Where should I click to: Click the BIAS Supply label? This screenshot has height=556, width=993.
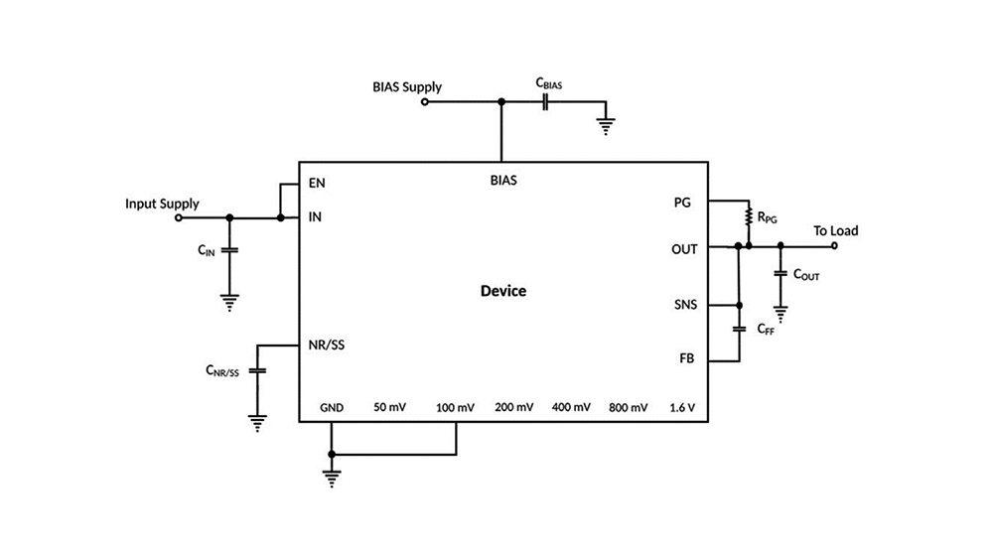[x=407, y=86]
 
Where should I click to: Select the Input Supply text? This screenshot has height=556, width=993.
[x=162, y=204]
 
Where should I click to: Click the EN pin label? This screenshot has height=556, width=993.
[x=317, y=183]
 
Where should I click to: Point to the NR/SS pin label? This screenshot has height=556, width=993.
[x=328, y=345]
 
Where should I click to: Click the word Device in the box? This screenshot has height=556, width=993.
[x=503, y=291]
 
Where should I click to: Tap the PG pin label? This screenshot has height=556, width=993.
[x=682, y=203]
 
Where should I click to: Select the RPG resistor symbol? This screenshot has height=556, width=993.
[x=749, y=215]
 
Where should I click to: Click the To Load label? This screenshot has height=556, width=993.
[x=835, y=230]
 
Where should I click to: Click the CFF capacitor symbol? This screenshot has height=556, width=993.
[x=739, y=327]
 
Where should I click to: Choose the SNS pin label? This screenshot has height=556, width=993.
[x=684, y=304]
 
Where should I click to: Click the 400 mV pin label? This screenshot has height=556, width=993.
[x=570, y=407]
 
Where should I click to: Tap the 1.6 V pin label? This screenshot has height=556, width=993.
[x=682, y=407]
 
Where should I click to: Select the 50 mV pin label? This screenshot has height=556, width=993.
[x=389, y=407]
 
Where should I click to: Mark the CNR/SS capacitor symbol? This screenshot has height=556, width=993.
[x=257, y=369]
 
